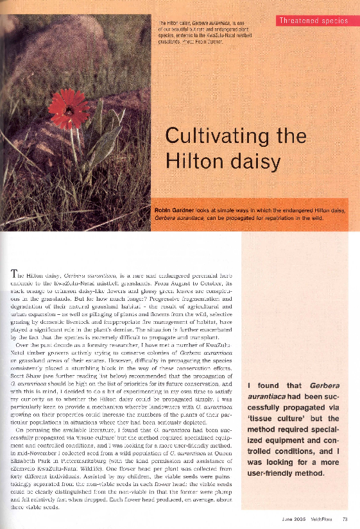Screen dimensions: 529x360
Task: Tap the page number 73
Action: (345, 519)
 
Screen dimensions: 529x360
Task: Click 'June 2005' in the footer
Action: (293, 519)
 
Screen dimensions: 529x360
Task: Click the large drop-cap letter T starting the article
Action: (15, 274)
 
